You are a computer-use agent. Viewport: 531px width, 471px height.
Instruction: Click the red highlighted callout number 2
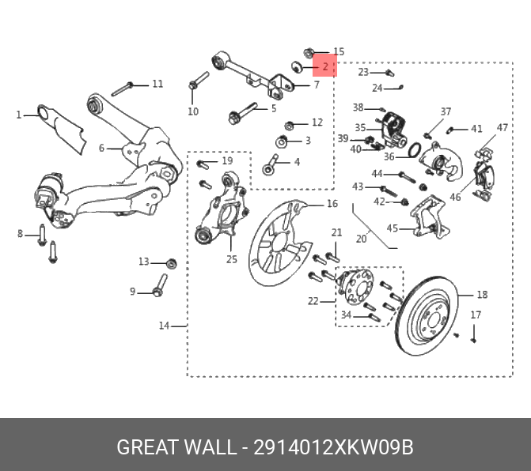click(x=325, y=66)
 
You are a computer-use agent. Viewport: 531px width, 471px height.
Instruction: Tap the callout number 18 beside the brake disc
click(x=482, y=296)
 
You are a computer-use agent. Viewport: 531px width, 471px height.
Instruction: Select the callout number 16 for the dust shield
click(x=332, y=204)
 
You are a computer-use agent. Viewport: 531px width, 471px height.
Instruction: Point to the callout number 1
click(x=19, y=115)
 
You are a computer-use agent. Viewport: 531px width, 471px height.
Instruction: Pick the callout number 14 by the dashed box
click(x=165, y=326)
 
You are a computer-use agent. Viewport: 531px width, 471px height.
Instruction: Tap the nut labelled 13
click(x=173, y=262)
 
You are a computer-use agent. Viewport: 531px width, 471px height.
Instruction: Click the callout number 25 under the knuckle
click(x=231, y=258)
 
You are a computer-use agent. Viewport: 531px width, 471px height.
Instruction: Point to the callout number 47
click(x=502, y=128)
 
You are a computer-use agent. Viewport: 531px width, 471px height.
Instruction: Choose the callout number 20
click(x=361, y=238)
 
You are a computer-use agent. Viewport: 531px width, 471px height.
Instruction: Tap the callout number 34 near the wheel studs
click(x=346, y=315)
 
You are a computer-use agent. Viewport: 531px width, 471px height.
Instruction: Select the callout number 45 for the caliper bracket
click(x=393, y=229)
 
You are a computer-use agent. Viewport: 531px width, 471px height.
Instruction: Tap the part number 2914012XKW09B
click(x=333, y=447)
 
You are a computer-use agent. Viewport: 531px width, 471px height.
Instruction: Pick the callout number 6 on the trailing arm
click(x=101, y=149)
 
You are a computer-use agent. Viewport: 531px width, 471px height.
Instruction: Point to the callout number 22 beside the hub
click(x=313, y=300)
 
